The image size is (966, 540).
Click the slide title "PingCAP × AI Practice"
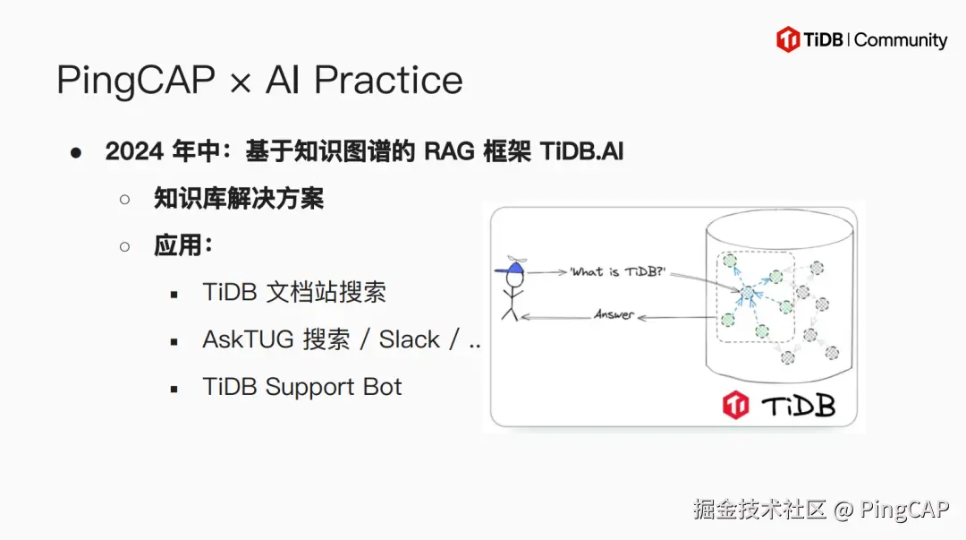pos(259,81)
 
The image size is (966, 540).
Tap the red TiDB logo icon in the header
pos(788,39)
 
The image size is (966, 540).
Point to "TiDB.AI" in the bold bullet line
pos(581,151)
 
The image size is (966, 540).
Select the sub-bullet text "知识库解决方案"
pos(238,198)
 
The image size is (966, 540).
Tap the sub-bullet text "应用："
pos(183,245)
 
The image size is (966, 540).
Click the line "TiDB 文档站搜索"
pos(294,292)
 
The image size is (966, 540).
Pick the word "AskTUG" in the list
pos(247,339)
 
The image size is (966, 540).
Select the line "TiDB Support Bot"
pos(302,387)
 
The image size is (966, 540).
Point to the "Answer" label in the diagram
pos(614,315)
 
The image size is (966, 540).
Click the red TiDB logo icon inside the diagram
pos(735,406)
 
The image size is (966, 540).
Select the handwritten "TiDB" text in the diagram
pos(798,406)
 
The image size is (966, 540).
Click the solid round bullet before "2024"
pos(76,152)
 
